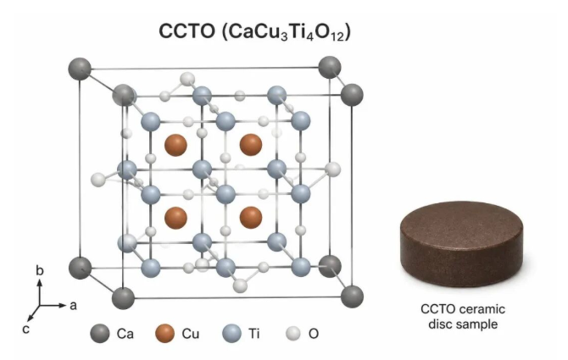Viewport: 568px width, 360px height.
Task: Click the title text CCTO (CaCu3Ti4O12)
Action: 254,31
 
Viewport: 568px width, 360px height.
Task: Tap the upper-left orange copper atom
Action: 175,145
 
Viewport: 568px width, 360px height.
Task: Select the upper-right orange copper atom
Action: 251,145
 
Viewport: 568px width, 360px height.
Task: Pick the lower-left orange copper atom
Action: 175,218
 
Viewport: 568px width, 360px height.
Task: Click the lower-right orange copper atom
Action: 251,218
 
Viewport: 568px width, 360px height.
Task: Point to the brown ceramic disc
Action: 461,244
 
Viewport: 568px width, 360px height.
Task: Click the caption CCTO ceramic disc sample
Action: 463,316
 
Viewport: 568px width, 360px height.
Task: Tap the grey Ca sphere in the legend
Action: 100,333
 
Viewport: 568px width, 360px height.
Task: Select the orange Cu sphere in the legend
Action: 164,333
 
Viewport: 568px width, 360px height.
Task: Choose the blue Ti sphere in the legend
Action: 231,333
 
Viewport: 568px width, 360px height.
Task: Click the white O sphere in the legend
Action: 293,333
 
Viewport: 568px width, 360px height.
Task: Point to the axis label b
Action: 40,270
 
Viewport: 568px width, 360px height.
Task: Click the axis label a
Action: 73,306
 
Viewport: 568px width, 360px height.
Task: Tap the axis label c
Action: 25,330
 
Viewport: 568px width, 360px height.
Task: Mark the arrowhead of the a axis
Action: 64,306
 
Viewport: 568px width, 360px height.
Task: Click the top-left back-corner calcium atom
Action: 80,69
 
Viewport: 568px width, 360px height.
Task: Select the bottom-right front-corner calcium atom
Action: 352,296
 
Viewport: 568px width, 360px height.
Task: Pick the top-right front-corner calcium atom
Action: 352,95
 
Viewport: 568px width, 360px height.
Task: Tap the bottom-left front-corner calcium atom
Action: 123,298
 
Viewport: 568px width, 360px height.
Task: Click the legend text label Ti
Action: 254,333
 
